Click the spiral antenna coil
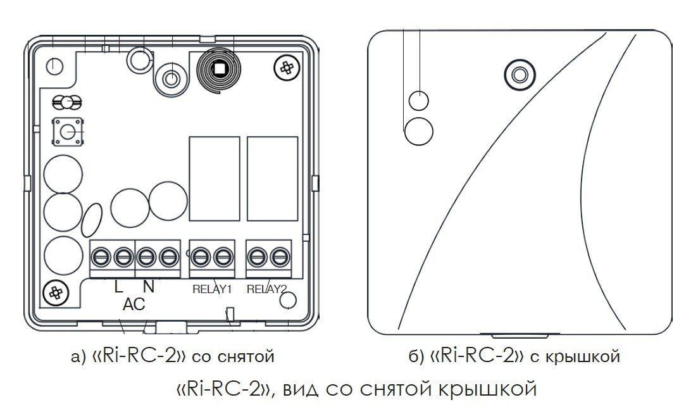tap(219, 68)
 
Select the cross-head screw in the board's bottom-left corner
tap(56, 292)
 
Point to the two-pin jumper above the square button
tap(67, 101)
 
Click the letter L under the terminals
tap(118, 287)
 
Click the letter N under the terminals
tap(149, 287)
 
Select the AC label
tap(134, 304)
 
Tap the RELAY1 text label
tap(213, 290)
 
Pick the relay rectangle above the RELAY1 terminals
tap(215, 179)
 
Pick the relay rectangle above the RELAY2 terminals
tap(272, 179)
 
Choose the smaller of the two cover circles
tap(419, 100)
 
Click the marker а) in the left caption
tap(78, 357)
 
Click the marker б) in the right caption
tap(416, 357)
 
